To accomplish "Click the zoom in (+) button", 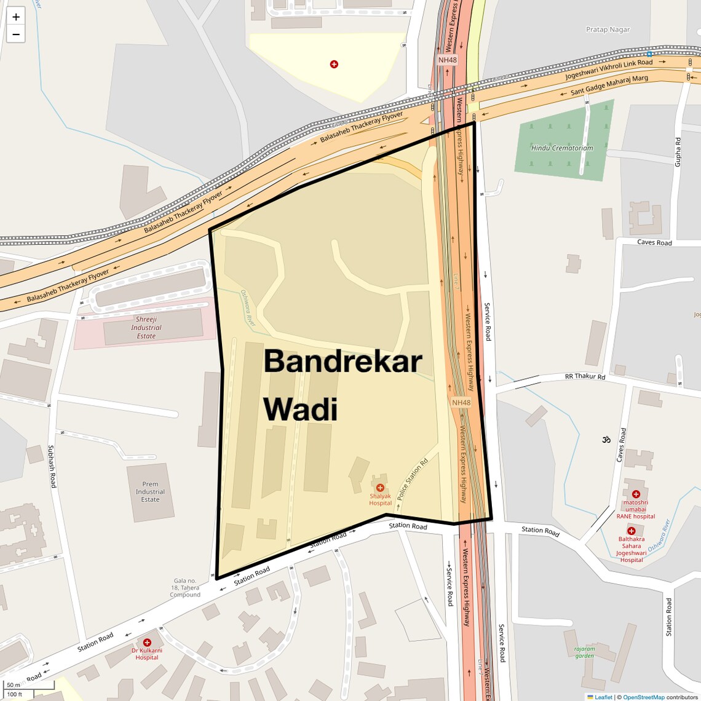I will (16, 17).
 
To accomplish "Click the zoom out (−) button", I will (16, 34).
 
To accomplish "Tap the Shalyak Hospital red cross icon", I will (380, 488).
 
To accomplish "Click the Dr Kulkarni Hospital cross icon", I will (147, 643).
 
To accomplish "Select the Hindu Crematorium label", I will (562, 148).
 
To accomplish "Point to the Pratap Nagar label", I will (608, 30).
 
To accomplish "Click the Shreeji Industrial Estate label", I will (146, 328).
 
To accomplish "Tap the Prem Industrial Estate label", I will (150, 492).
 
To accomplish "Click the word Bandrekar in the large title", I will (343, 361).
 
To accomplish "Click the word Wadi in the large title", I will (301, 409).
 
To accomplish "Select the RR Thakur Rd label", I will (585, 376).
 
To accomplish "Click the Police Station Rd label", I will (411, 479).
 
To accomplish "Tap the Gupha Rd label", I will (678, 152).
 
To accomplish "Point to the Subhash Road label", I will (52, 466).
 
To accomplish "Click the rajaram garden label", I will (584, 652).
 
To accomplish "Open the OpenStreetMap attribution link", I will (643, 697).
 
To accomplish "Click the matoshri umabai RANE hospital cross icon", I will (636, 494).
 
